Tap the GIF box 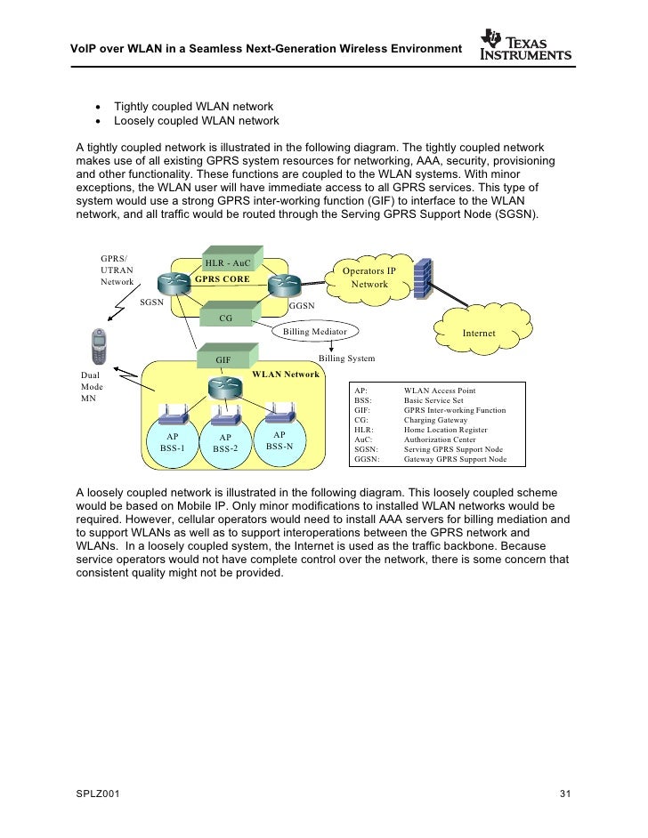point(224,359)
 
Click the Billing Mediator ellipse point(314,332)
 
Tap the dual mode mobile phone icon point(101,347)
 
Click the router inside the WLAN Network point(224,386)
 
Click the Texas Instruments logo point(524,47)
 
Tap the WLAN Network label point(286,374)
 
